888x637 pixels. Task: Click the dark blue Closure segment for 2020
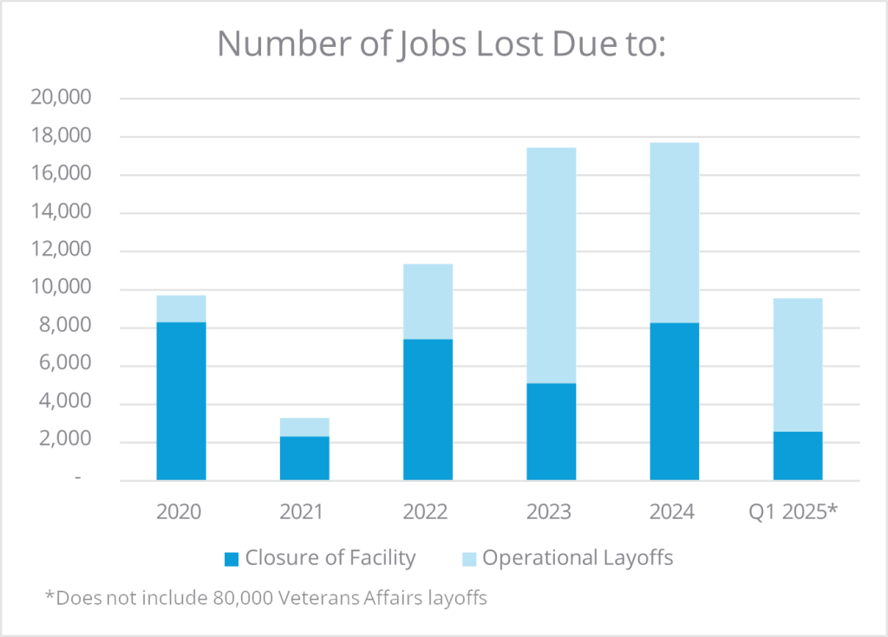[x=181, y=400]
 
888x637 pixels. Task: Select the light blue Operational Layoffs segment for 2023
[x=551, y=264]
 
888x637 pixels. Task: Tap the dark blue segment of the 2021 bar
[x=304, y=458]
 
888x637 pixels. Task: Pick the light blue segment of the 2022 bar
[x=428, y=301]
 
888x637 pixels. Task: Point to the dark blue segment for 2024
[x=674, y=400]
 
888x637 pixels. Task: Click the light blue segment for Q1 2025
[x=798, y=365]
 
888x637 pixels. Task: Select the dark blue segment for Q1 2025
[x=798, y=455]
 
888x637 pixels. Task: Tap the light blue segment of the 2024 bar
[x=674, y=232]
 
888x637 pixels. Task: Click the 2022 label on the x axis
[x=426, y=511]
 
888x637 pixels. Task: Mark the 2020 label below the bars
[x=180, y=511]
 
